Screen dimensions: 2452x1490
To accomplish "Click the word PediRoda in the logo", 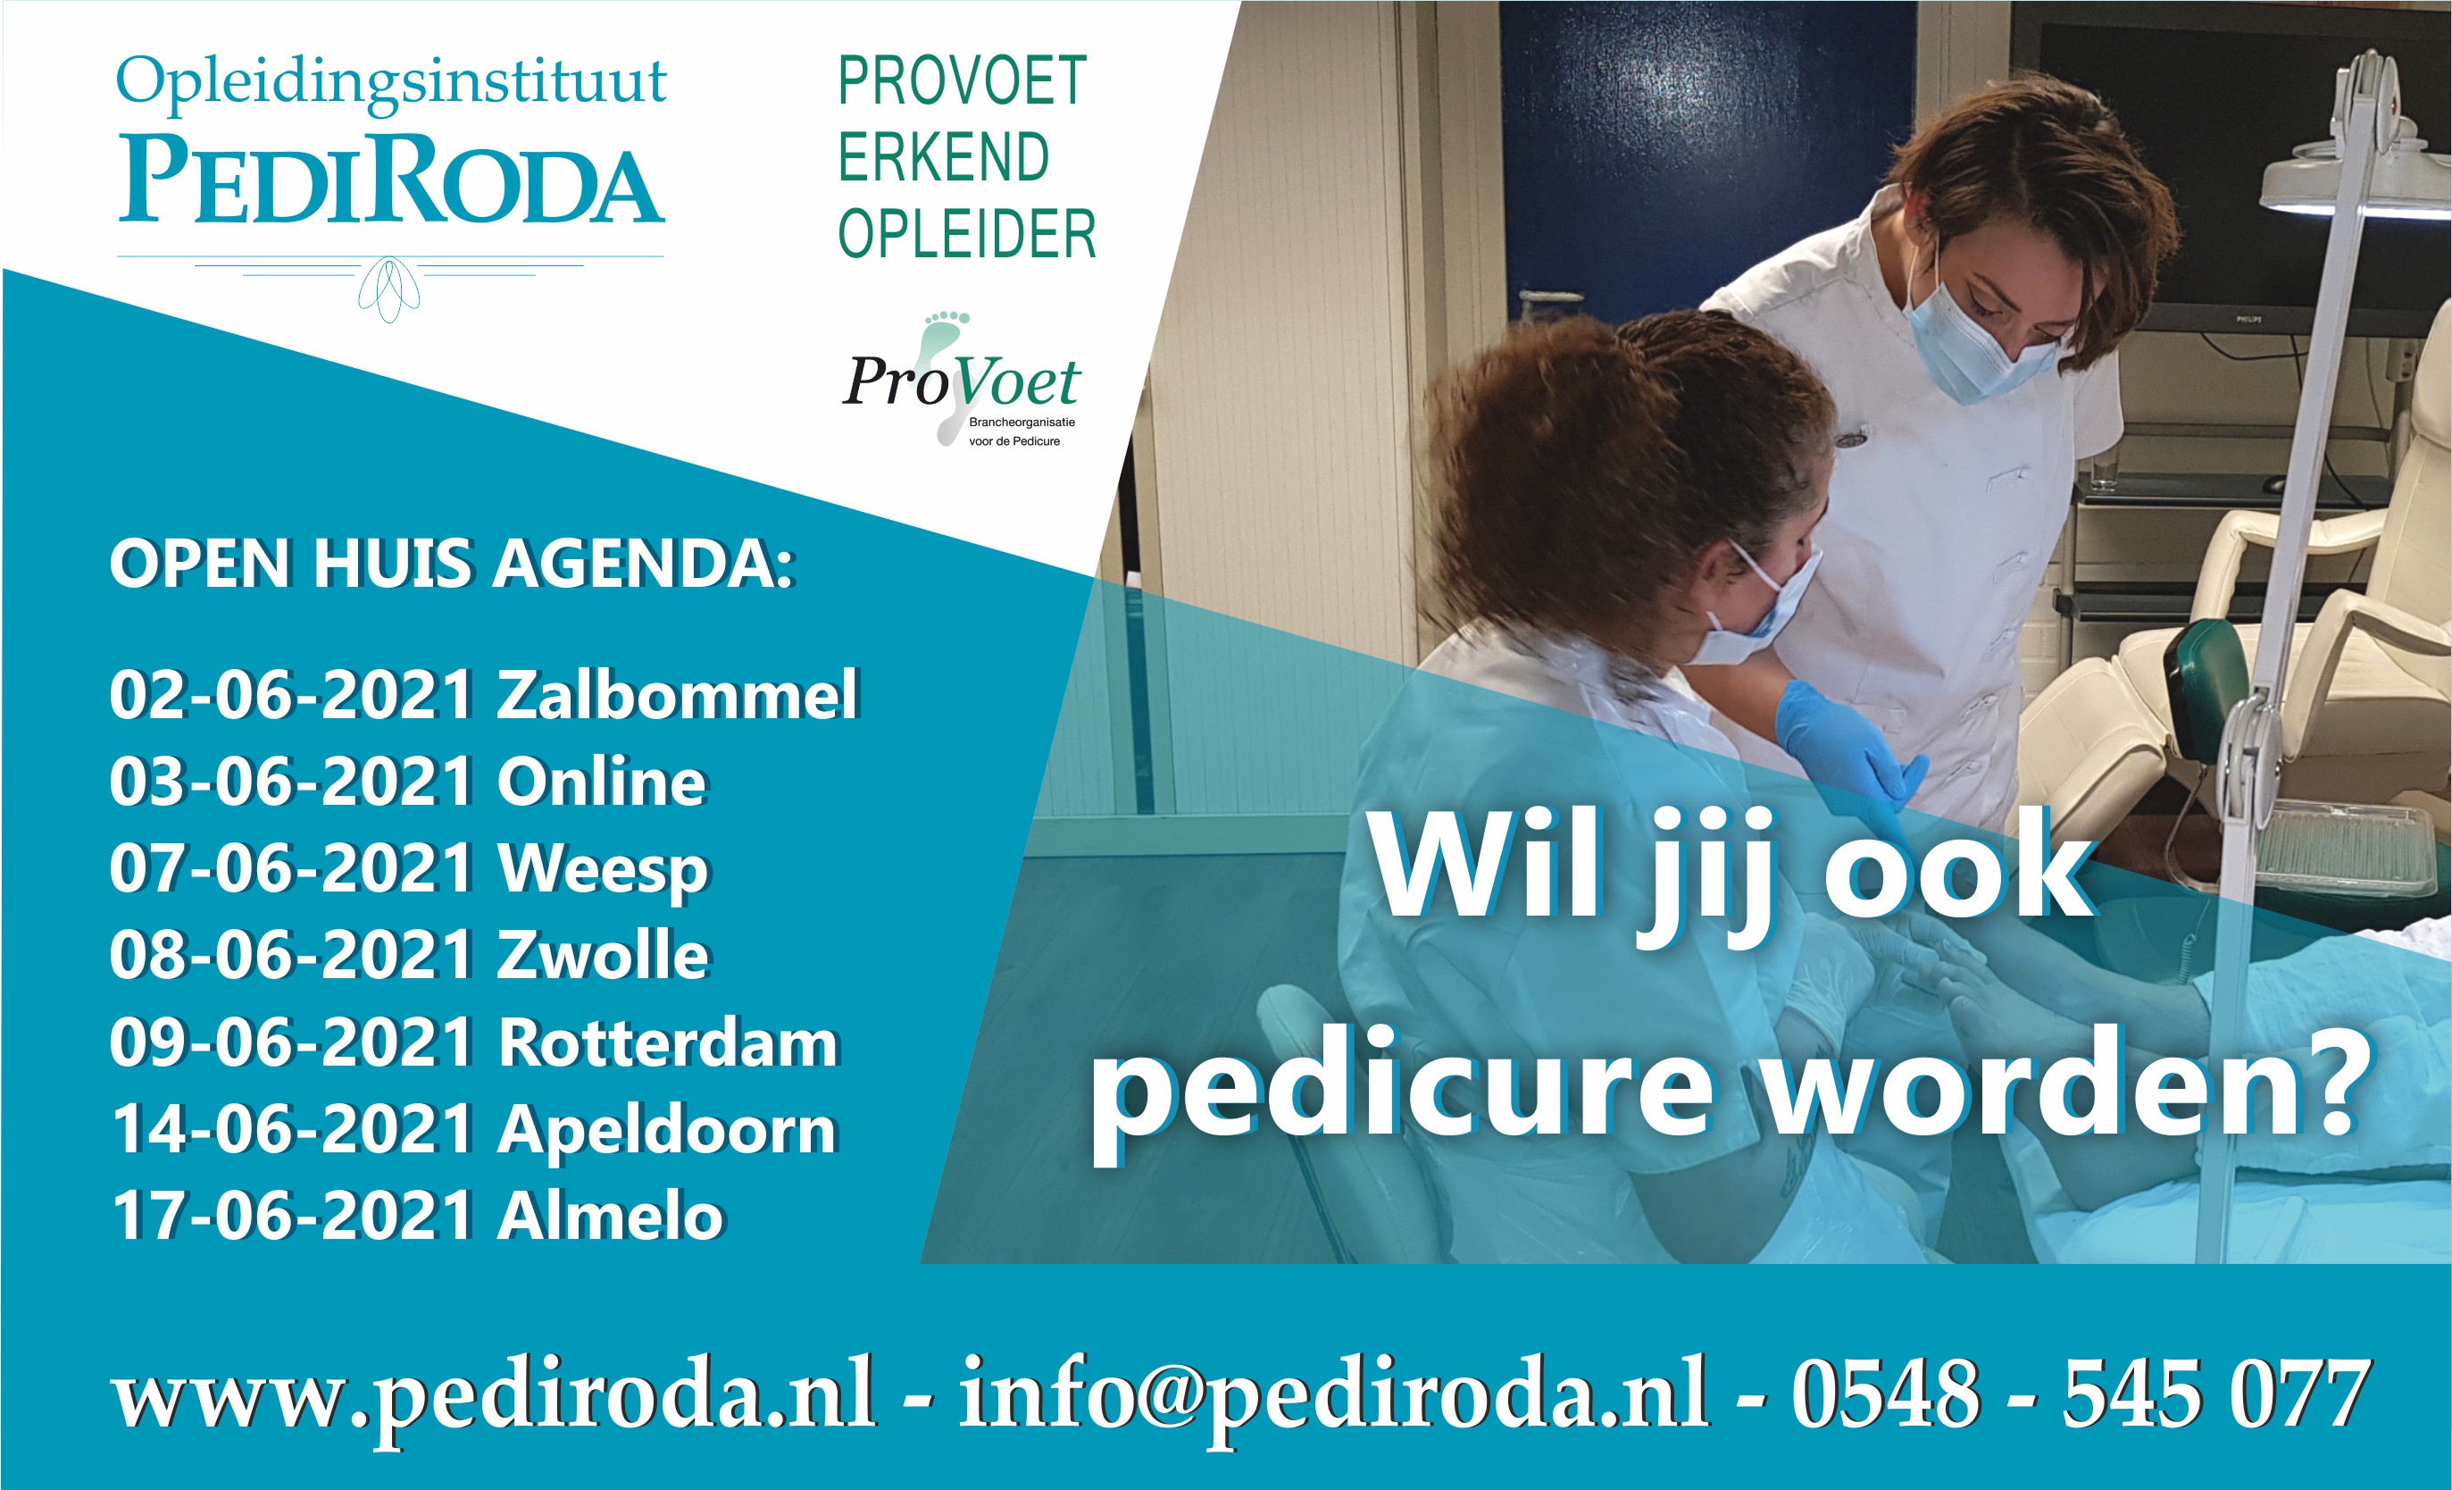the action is tap(391, 180).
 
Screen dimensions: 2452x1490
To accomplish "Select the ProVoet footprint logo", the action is tap(962, 381).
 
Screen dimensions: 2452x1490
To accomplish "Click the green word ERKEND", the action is tap(943, 157).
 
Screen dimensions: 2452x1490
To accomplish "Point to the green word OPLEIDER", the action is tap(966, 234).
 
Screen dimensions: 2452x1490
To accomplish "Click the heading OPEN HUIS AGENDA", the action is tap(453, 565).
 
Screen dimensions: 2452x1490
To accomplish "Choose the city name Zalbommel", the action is tap(678, 695).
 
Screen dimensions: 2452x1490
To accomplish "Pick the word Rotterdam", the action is tap(670, 1043).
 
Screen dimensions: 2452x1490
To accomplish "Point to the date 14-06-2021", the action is tap(293, 1130).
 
